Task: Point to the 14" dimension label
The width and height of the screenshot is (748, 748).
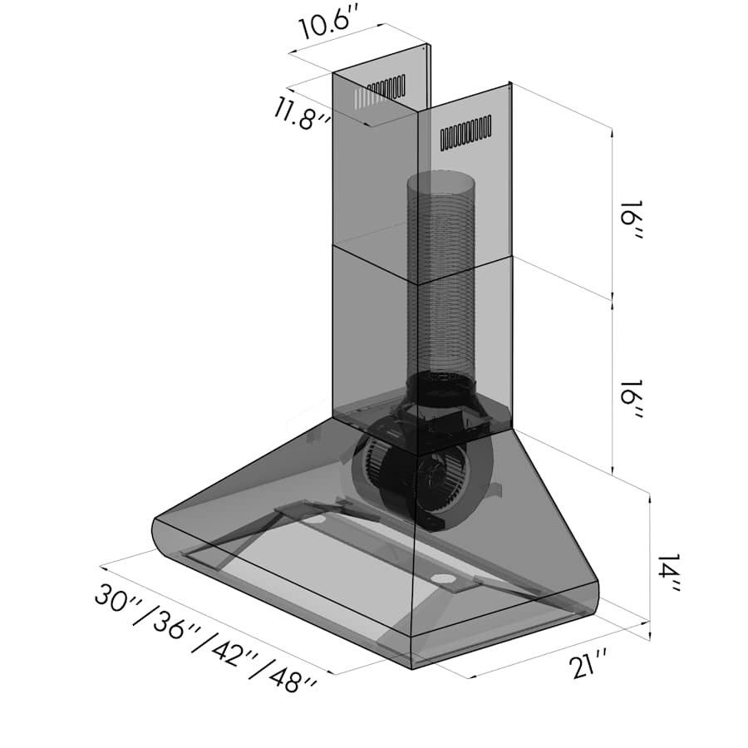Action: tap(667, 573)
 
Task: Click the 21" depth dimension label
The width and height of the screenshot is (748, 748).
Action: tap(591, 666)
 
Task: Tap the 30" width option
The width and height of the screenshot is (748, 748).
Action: tap(116, 600)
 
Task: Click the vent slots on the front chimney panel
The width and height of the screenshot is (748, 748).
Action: tap(465, 133)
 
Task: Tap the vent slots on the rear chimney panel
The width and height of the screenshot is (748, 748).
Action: tap(384, 90)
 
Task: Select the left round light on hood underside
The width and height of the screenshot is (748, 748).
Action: tap(316, 519)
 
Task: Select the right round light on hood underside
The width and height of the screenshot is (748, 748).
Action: tap(442, 578)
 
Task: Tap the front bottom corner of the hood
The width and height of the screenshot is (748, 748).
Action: tap(412, 661)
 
